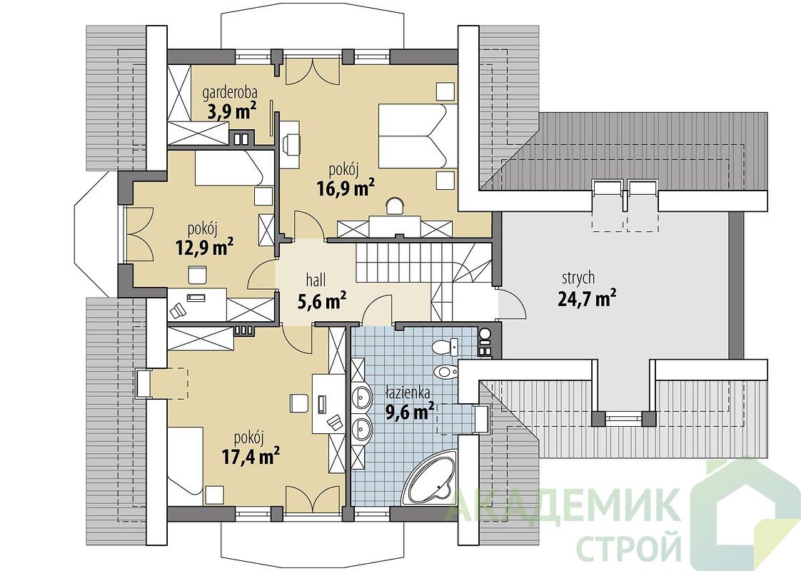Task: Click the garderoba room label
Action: click(x=229, y=93)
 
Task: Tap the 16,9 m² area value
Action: click(x=346, y=188)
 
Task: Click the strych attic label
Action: click(x=578, y=278)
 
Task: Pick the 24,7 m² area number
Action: click(x=586, y=298)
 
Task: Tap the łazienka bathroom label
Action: click(x=408, y=393)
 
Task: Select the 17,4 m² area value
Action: click(x=251, y=455)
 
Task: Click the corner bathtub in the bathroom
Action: click(x=428, y=477)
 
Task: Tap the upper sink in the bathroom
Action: click(x=363, y=396)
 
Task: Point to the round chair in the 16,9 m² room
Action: click(x=394, y=206)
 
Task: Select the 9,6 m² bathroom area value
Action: click(x=410, y=411)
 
